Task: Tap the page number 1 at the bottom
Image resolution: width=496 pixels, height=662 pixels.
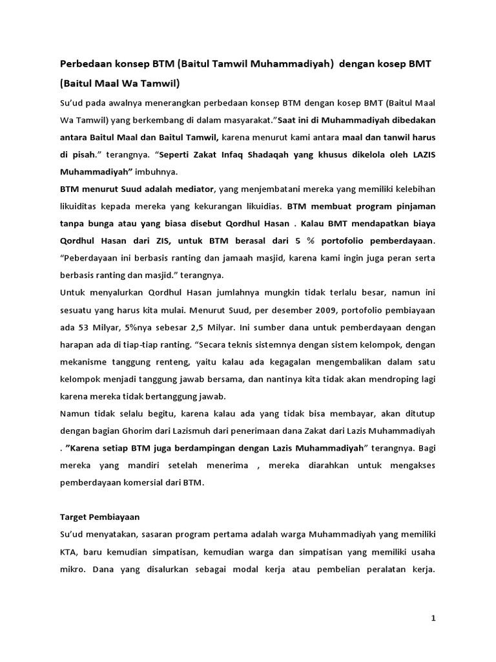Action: [x=434, y=619]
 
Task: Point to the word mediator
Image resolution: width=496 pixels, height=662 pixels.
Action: [x=191, y=189]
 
